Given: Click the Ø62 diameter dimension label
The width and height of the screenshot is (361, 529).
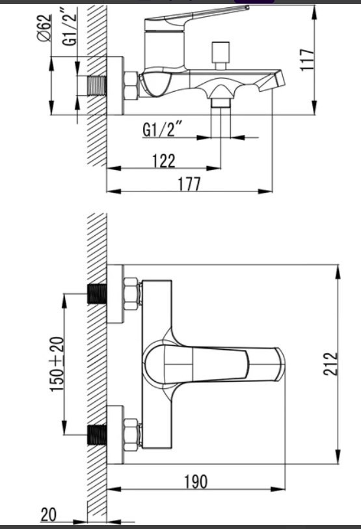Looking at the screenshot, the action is coord(46,29).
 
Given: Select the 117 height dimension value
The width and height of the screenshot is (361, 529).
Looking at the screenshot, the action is coord(307,60).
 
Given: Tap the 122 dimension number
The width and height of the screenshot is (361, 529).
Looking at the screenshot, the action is coord(164,161).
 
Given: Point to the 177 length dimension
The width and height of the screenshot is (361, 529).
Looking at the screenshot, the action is coord(189,184).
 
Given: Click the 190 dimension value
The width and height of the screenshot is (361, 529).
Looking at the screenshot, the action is coord(196,481).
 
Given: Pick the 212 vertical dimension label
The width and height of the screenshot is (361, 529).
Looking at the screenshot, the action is coord(330,364).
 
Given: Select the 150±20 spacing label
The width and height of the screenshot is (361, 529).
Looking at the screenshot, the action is coord(57,364).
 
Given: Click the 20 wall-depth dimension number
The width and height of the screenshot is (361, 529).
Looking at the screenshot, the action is coord(49,515).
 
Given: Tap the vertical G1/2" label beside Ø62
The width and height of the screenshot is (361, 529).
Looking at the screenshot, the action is coord(70,29).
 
